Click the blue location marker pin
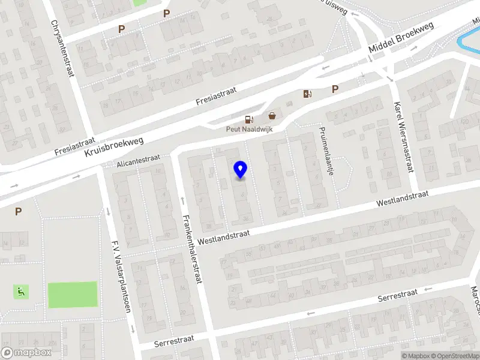(x=240, y=170)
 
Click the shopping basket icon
(x=272, y=116)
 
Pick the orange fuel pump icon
(x=308, y=93)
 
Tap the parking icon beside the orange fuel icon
(x=335, y=89)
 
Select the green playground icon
(x=21, y=292)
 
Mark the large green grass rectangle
(x=72, y=294)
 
